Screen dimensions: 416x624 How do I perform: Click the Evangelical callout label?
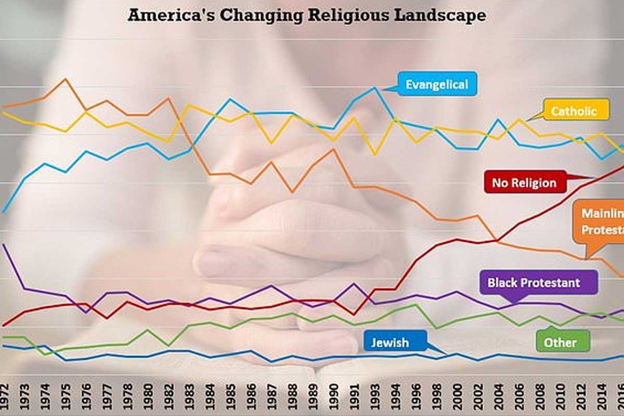(437, 84)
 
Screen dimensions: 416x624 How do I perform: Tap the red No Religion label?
(524, 183)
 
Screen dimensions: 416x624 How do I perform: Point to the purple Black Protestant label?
(534, 283)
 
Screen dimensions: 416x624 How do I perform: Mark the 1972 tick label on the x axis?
(4, 395)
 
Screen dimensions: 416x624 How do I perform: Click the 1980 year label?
(148, 395)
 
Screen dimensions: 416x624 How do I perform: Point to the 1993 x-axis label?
(375, 395)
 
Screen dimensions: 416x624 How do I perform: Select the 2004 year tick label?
(498, 395)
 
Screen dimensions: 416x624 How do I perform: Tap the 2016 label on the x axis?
(620, 395)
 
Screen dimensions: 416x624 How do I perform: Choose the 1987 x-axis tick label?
(271, 395)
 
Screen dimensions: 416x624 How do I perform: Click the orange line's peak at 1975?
(65, 79)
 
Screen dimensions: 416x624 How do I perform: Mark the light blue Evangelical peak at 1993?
(375, 88)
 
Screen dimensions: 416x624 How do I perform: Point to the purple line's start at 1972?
(3, 244)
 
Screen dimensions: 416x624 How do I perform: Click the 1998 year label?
(436, 395)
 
